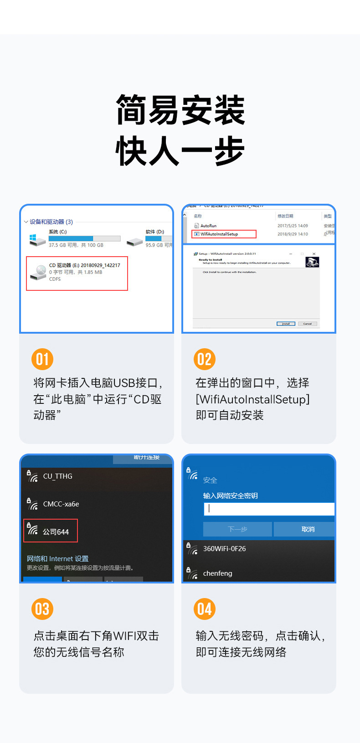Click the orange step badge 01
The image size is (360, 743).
42,359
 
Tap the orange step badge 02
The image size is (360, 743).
205,359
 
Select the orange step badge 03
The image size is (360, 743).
42,609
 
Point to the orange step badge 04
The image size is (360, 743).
205,609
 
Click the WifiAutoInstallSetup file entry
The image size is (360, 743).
219,234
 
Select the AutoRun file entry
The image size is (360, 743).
208,226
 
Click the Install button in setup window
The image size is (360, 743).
286,324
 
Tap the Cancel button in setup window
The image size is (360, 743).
308,324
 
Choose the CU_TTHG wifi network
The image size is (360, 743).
57,476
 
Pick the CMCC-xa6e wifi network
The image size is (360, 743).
61,504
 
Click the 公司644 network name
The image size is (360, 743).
56,532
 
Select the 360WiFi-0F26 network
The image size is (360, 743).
224,549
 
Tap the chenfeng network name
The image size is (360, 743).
217,573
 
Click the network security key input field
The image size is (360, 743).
269,509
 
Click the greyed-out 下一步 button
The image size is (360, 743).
237,529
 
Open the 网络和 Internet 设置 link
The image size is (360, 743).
57,559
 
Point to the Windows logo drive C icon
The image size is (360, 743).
37,239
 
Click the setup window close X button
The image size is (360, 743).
314,254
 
